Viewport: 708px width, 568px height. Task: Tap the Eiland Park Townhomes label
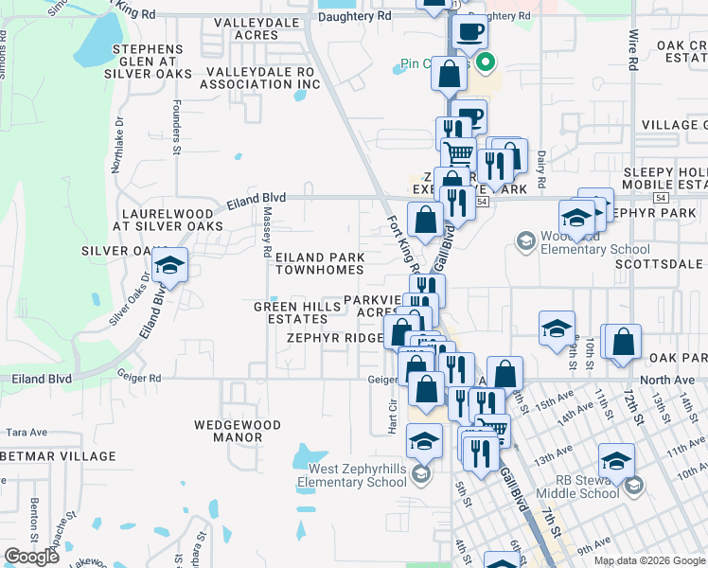(x=320, y=263)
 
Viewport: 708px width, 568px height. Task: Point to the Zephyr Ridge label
(x=335, y=338)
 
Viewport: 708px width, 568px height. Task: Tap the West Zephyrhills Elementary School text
(x=351, y=476)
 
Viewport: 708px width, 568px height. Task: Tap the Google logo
(x=31, y=557)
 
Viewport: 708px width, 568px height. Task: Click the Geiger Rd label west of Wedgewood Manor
(x=141, y=377)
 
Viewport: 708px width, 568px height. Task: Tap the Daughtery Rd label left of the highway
(x=355, y=16)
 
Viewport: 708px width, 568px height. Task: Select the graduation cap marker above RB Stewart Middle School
(x=617, y=461)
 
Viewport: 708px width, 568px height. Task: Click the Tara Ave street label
(x=27, y=432)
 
